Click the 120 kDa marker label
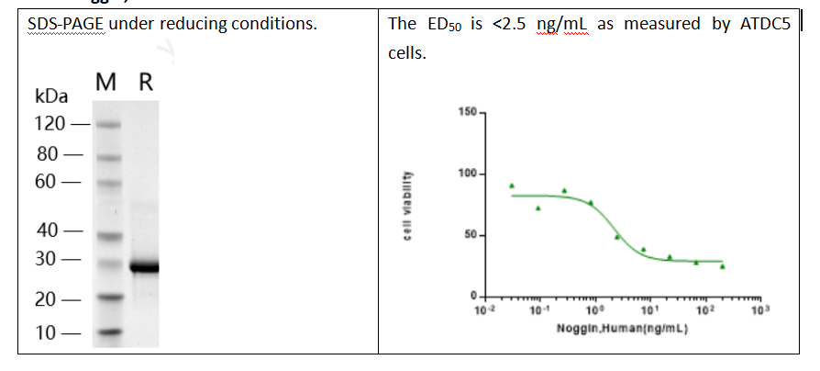point(50,123)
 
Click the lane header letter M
point(105,83)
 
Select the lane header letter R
point(144,83)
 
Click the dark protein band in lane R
point(143,268)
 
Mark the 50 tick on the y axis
point(469,236)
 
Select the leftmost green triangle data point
point(512,185)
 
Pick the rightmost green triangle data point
point(722,266)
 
